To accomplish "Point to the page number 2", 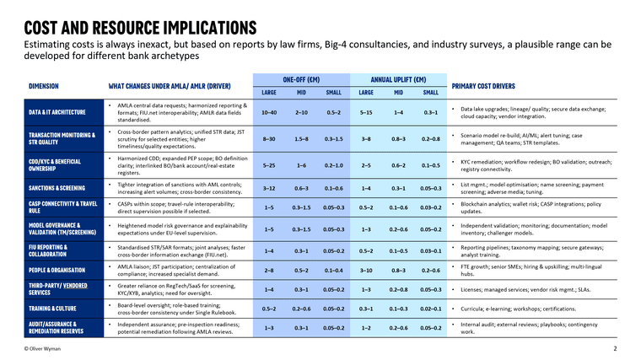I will coord(615,348).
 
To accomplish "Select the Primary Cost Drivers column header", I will coord(494,86).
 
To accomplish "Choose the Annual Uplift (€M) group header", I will coord(396,77).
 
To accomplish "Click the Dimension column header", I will coord(43,86).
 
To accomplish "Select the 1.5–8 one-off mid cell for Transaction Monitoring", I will coord(301,137).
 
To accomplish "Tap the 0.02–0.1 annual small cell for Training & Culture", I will coord(430,309).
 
